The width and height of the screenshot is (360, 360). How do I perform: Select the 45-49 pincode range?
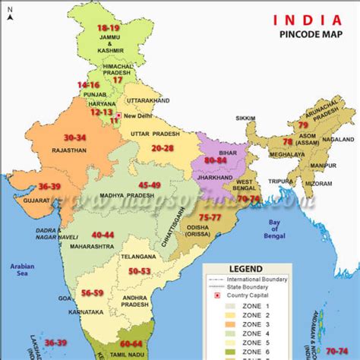(150, 185)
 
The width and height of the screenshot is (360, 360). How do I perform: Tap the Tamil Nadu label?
(128, 354)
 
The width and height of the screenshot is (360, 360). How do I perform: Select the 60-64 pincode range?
(131, 344)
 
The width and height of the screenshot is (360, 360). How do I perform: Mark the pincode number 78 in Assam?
(287, 142)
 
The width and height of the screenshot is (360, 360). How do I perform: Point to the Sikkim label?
(248, 118)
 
